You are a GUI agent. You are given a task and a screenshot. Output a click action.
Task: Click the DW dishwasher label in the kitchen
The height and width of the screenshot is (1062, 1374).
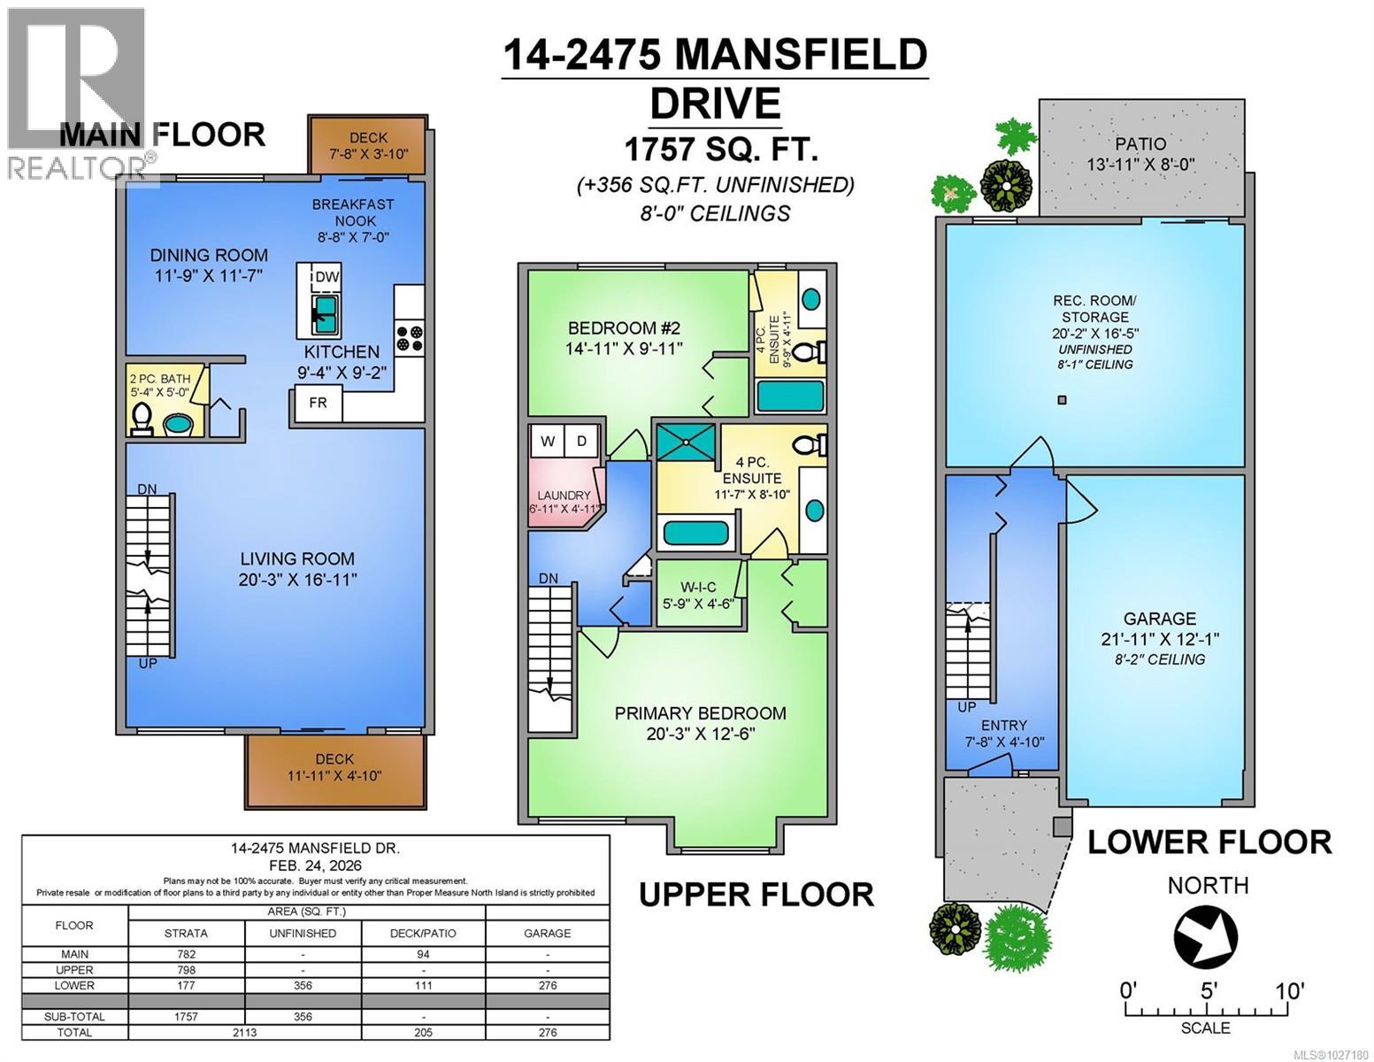326,277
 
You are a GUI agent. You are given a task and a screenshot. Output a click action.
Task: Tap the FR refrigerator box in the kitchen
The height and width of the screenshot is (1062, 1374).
318,403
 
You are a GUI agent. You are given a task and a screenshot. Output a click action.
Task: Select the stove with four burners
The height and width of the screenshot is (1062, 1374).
409,337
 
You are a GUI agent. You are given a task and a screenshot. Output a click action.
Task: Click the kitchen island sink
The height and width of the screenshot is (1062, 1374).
325,312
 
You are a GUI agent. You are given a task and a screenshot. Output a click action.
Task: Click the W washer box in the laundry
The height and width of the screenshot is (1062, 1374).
548,441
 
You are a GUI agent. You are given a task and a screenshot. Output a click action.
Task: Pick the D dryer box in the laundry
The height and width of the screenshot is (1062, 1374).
581,441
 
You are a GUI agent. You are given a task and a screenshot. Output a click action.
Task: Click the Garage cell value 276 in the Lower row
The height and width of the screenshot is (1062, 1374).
547,985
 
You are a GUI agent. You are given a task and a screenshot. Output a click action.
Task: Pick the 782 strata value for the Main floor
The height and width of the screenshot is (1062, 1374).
186,954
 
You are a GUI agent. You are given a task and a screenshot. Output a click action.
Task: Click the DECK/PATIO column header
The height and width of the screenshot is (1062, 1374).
423,933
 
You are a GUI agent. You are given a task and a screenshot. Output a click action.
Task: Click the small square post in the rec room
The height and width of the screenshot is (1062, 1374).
1063,400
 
